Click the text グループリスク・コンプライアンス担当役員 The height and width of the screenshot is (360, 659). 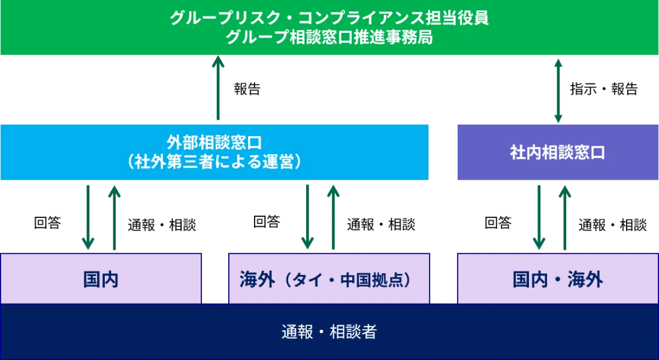pyautogui.click(x=329, y=18)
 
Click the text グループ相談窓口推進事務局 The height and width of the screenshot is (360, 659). pyautogui.click(x=329, y=38)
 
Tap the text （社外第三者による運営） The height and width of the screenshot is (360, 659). pyautogui.click(x=214, y=162)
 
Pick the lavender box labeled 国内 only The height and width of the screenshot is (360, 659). pyautogui.click(x=101, y=279)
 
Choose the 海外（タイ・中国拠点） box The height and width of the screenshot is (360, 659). pyautogui.click(x=328, y=279)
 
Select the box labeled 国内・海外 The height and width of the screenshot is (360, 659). pyautogui.click(x=557, y=279)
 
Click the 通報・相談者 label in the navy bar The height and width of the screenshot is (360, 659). pyautogui.click(x=329, y=331)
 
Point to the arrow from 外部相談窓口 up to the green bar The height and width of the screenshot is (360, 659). pyautogui.click(x=218, y=90)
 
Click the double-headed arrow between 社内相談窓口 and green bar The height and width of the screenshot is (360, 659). pyautogui.click(x=558, y=90)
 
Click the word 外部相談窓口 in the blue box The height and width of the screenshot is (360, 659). pyautogui.click(x=214, y=143)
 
